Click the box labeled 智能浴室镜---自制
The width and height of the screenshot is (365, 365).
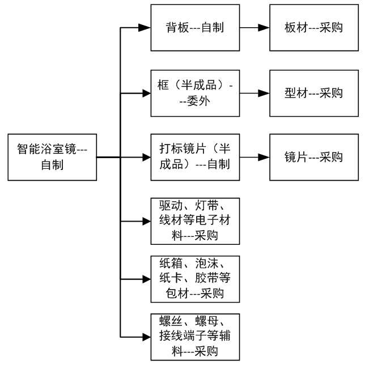click(x=51, y=158)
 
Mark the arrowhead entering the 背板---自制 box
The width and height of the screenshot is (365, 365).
click(x=146, y=28)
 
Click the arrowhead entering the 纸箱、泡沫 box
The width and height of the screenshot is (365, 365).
click(x=146, y=279)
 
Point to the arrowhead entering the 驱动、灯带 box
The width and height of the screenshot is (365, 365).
click(x=146, y=220)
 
